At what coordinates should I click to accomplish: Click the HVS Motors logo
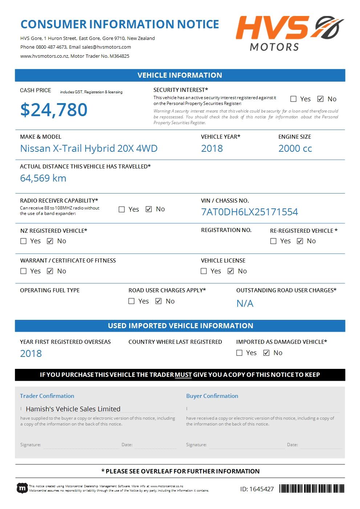290,33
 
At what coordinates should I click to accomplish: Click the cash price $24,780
54,110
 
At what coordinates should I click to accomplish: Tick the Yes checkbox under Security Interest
294,99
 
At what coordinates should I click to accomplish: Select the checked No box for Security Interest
320,99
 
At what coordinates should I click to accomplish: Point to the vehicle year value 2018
212,148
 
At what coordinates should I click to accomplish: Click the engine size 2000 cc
295,148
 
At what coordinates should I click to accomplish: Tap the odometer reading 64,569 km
43,178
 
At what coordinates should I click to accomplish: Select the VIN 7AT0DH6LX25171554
249,212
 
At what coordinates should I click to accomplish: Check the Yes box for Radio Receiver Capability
122,209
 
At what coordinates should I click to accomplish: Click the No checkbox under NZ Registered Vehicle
50,241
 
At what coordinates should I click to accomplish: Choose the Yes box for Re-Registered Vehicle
274,241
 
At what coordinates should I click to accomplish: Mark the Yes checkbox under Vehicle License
204,271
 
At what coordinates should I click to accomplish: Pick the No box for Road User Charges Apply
159,301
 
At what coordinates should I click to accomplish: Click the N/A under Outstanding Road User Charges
245,304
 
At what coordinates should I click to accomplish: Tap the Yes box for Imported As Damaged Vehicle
240,353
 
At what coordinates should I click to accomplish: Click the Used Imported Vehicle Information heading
180,326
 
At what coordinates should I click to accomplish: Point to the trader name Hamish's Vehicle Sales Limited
73,409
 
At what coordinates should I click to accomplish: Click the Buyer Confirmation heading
212,396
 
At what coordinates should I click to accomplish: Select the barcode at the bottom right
312,489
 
